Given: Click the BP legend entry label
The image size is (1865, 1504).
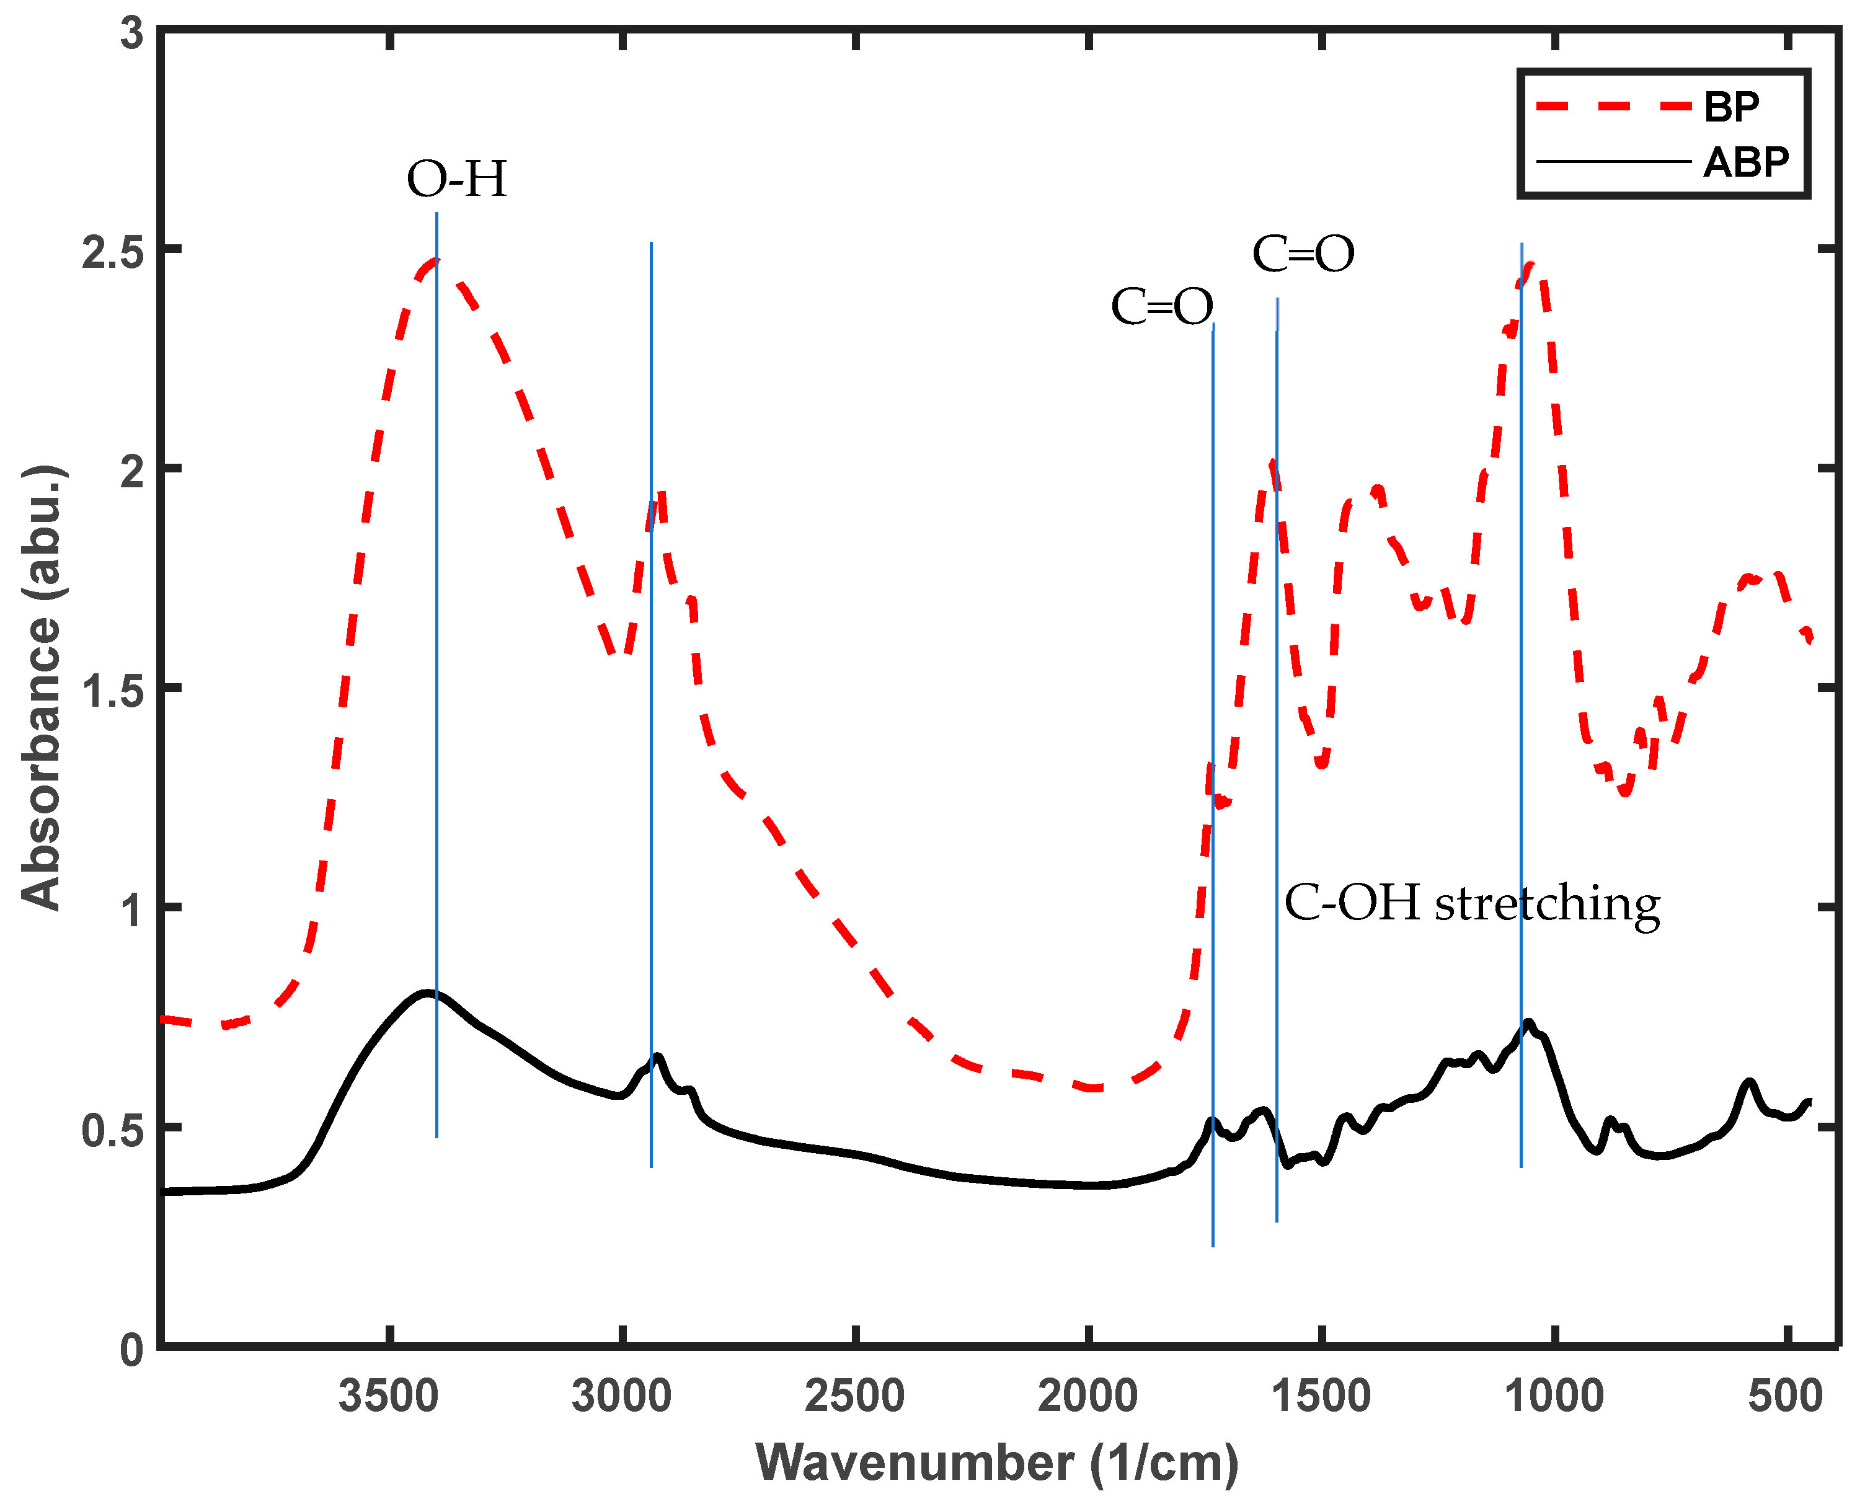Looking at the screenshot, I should click(x=1730, y=107).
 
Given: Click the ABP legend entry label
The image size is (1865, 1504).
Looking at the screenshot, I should click(x=1745, y=163).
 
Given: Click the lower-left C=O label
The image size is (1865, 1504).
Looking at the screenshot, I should click(x=1162, y=307).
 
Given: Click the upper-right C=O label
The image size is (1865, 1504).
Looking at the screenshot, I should click(x=1303, y=255).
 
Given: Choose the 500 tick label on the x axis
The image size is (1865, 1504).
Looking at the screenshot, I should click(x=1785, y=1397).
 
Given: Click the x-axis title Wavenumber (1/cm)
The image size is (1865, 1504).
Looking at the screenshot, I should click(x=997, y=1463).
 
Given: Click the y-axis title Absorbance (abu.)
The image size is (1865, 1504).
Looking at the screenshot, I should click(x=42, y=689).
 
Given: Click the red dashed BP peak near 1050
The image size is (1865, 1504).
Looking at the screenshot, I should click(x=1530, y=267).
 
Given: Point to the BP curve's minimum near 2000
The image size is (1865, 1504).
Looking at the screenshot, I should click(x=1093, y=1088).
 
